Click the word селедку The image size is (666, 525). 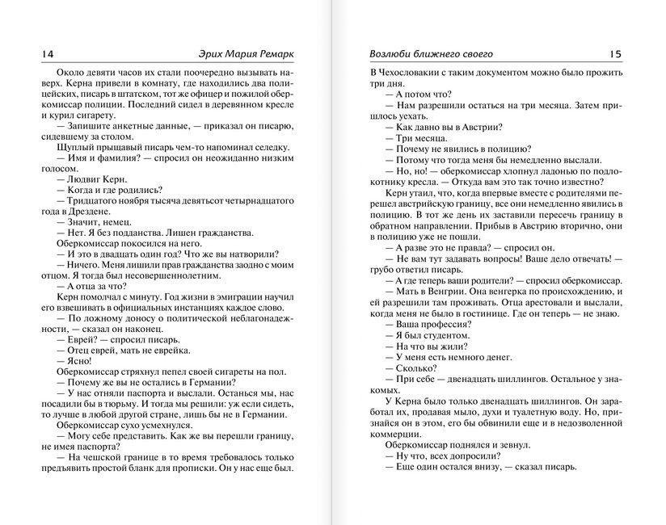pos(270,148)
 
